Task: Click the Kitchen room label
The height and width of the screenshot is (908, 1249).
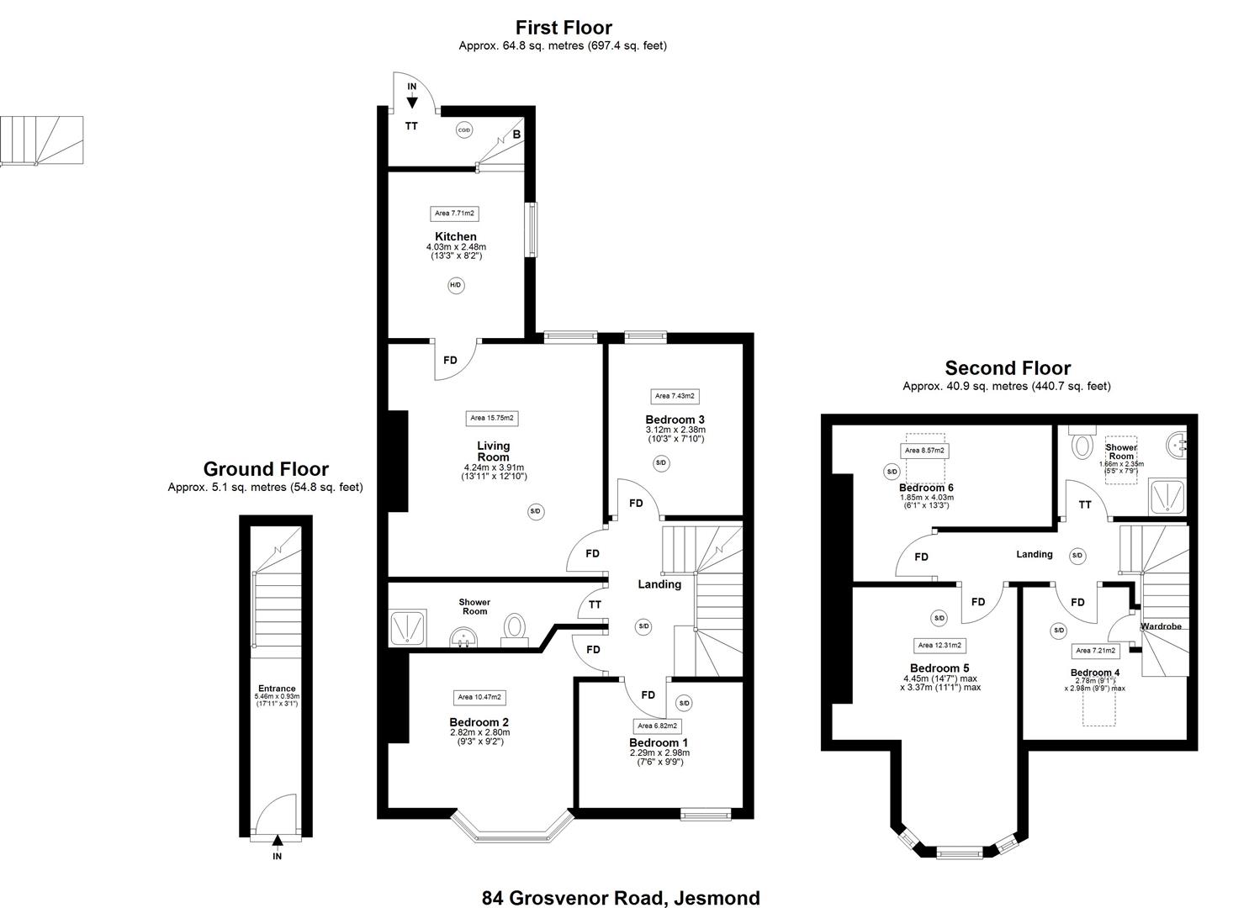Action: click(456, 237)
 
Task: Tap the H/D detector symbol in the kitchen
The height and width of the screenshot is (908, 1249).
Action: click(455, 286)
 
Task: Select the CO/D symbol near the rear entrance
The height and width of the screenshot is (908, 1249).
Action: click(463, 130)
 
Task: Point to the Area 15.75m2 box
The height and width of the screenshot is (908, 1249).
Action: click(492, 418)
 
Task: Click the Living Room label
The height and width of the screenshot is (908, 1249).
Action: click(493, 451)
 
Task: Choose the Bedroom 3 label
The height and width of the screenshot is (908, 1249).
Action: click(675, 420)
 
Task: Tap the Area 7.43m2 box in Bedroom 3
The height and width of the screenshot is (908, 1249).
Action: click(675, 396)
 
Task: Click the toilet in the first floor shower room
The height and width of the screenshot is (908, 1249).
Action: click(515, 628)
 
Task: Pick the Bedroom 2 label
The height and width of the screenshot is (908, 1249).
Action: click(479, 722)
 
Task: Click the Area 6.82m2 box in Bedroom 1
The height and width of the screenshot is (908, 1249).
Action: click(657, 726)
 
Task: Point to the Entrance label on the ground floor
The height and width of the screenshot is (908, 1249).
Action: click(277, 689)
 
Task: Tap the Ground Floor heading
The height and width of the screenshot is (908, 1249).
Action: click(266, 469)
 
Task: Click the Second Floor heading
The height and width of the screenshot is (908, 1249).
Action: click(1008, 367)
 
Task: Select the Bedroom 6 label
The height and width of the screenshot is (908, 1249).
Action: click(926, 488)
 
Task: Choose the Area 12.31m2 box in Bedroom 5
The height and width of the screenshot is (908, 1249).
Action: click(939, 646)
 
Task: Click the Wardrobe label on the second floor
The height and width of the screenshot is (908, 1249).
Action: click(1161, 626)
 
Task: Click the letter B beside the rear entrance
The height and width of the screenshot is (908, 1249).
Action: click(517, 135)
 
